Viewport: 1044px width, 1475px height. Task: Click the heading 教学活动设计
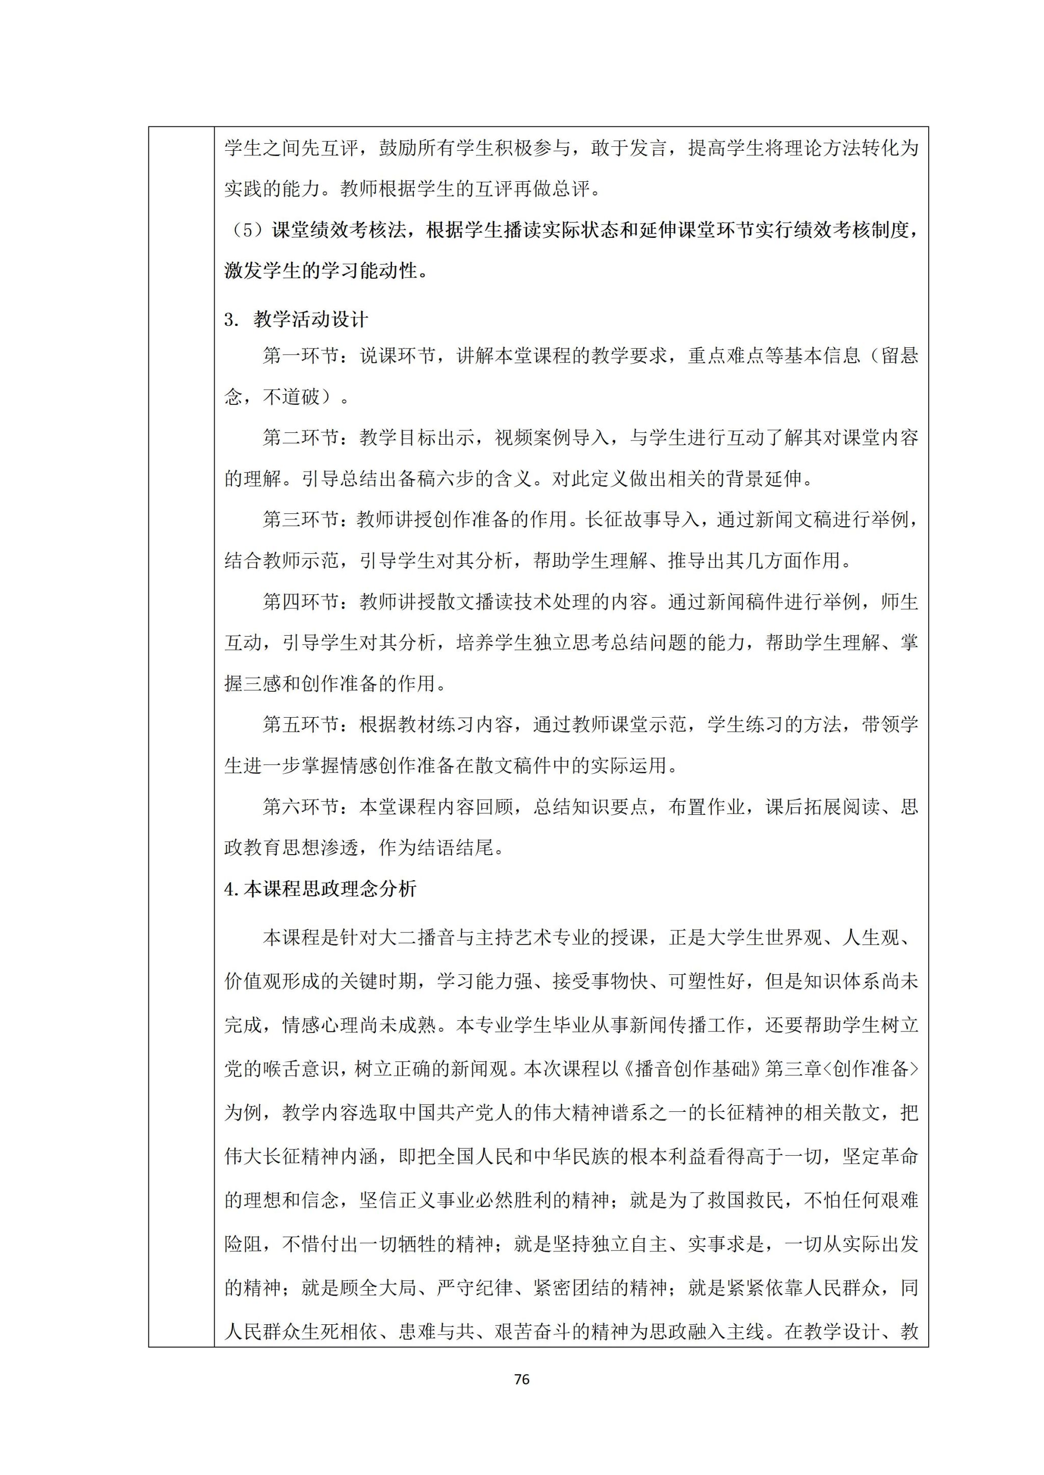click(310, 319)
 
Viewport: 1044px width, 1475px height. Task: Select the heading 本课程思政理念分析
click(330, 889)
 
